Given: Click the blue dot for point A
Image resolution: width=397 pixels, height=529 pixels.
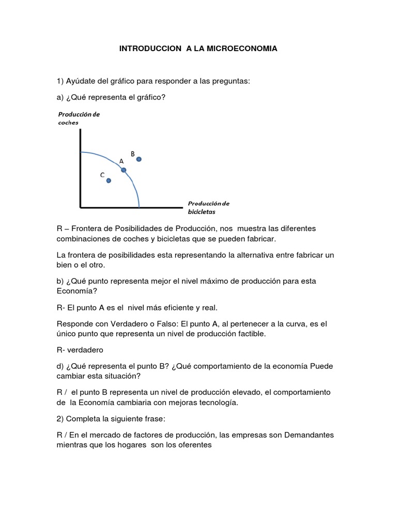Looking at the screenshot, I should (x=124, y=169).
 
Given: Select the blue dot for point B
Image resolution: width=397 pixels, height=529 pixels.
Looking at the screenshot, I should (x=139, y=159).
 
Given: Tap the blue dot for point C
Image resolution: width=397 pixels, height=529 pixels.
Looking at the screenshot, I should (x=109, y=180).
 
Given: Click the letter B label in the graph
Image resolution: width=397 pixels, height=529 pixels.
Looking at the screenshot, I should (x=133, y=153).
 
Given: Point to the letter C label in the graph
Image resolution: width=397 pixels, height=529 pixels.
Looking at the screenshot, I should (x=102, y=175).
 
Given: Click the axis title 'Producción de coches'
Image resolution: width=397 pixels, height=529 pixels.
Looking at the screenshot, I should (x=79, y=118).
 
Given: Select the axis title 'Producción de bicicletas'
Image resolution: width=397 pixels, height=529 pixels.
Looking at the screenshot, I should (x=208, y=207).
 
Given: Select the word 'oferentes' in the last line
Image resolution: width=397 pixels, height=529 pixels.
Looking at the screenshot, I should (x=196, y=445).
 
